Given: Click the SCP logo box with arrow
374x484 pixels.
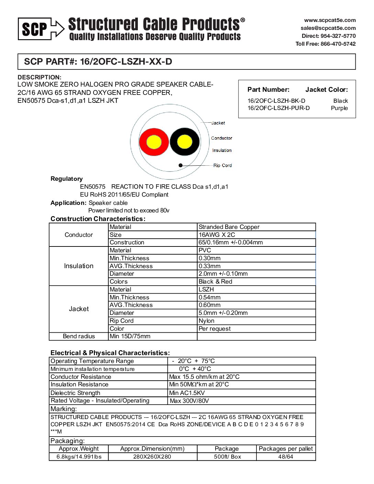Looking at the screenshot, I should [41, 29].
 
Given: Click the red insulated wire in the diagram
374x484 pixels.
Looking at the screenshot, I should [154, 142].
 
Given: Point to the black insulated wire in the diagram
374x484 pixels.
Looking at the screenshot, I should [185, 142].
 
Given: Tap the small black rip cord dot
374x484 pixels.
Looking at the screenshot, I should [180, 165].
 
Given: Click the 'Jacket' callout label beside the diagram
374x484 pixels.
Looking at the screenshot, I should [218, 123].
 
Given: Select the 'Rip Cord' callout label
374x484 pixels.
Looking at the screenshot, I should [222, 165].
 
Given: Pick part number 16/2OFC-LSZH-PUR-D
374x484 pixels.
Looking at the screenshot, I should [278, 108].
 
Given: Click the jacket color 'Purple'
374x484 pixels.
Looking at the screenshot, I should [339, 108].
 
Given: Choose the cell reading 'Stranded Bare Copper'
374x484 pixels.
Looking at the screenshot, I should [229, 227].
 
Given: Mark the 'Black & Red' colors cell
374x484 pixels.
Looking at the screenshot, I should [216, 282].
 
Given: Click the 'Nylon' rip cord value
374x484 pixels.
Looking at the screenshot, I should [207, 321].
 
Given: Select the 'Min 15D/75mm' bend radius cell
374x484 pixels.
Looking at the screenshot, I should [130, 336].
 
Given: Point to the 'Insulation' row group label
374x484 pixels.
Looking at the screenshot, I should [79, 266].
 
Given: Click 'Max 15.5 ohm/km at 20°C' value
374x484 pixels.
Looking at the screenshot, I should [204, 377].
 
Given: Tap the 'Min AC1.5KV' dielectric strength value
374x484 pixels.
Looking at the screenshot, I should [187, 393].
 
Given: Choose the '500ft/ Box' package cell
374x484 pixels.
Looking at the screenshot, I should [227, 457].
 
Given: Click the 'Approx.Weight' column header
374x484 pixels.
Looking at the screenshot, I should [79, 449].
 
